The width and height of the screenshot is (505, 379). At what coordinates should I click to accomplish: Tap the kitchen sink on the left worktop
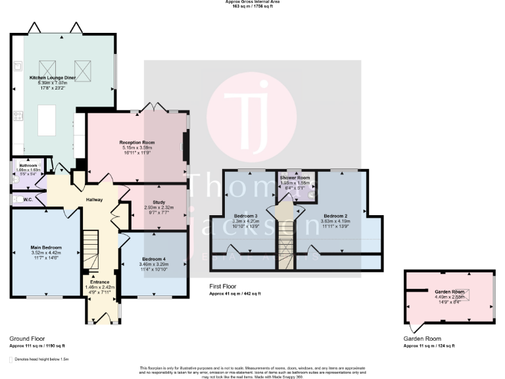click(x=16, y=66)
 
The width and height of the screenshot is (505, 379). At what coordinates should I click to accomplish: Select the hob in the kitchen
click(x=16, y=116)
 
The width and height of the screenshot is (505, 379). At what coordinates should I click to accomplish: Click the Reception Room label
click(x=137, y=142)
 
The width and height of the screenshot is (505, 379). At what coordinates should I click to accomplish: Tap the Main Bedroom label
click(x=46, y=247)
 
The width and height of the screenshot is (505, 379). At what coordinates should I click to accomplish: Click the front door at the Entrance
click(x=103, y=318)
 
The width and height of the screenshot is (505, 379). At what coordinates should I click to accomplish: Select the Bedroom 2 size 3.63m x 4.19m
click(x=337, y=221)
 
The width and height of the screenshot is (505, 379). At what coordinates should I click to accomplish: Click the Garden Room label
click(x=450, y=291)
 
